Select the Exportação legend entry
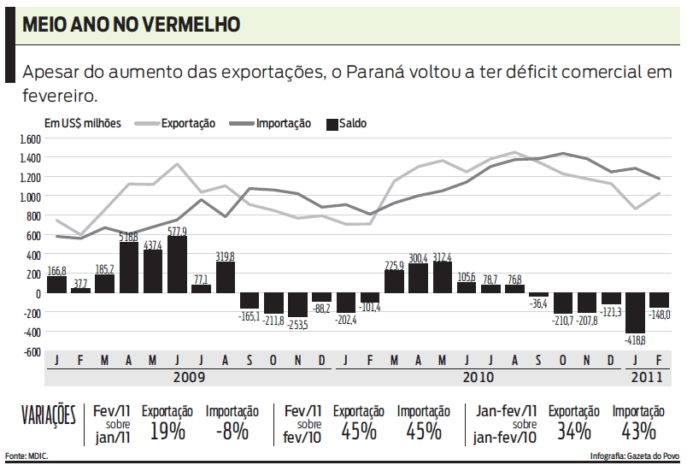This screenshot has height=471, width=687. (x=189, y=123)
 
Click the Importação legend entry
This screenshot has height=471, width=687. (x=283, y=123)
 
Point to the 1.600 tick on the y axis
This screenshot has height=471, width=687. (x=30, y=138)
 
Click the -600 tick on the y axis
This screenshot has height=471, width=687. (x=32, y=351)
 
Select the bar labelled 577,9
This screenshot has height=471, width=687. (x=177, y=265)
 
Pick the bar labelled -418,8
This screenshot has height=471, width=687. (x=634, y=313)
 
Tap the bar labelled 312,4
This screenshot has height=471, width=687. (x=443, y=277)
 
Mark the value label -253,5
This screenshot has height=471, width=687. (x=298, y=324)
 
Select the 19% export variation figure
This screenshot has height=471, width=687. (x=167, y=430)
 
